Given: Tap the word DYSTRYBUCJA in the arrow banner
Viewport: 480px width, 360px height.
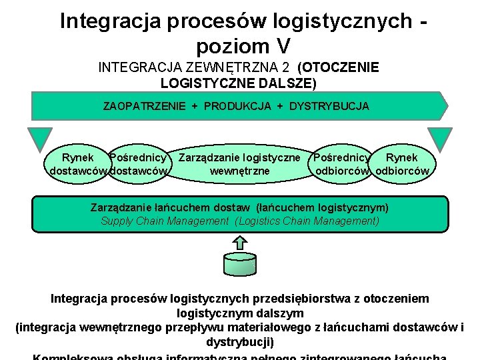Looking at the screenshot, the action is (329, 106).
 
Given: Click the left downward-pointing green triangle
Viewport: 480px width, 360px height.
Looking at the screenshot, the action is (37, 139).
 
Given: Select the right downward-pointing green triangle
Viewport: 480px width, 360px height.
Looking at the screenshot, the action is (440, 139).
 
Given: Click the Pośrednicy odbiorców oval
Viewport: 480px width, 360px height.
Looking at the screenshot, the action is (341, 164).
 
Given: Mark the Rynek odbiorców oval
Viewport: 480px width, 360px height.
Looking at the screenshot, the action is (403, 164).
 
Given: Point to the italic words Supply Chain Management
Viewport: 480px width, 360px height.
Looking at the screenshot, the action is (164, 221).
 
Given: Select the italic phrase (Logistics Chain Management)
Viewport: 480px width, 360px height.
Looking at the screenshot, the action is (307, 221).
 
